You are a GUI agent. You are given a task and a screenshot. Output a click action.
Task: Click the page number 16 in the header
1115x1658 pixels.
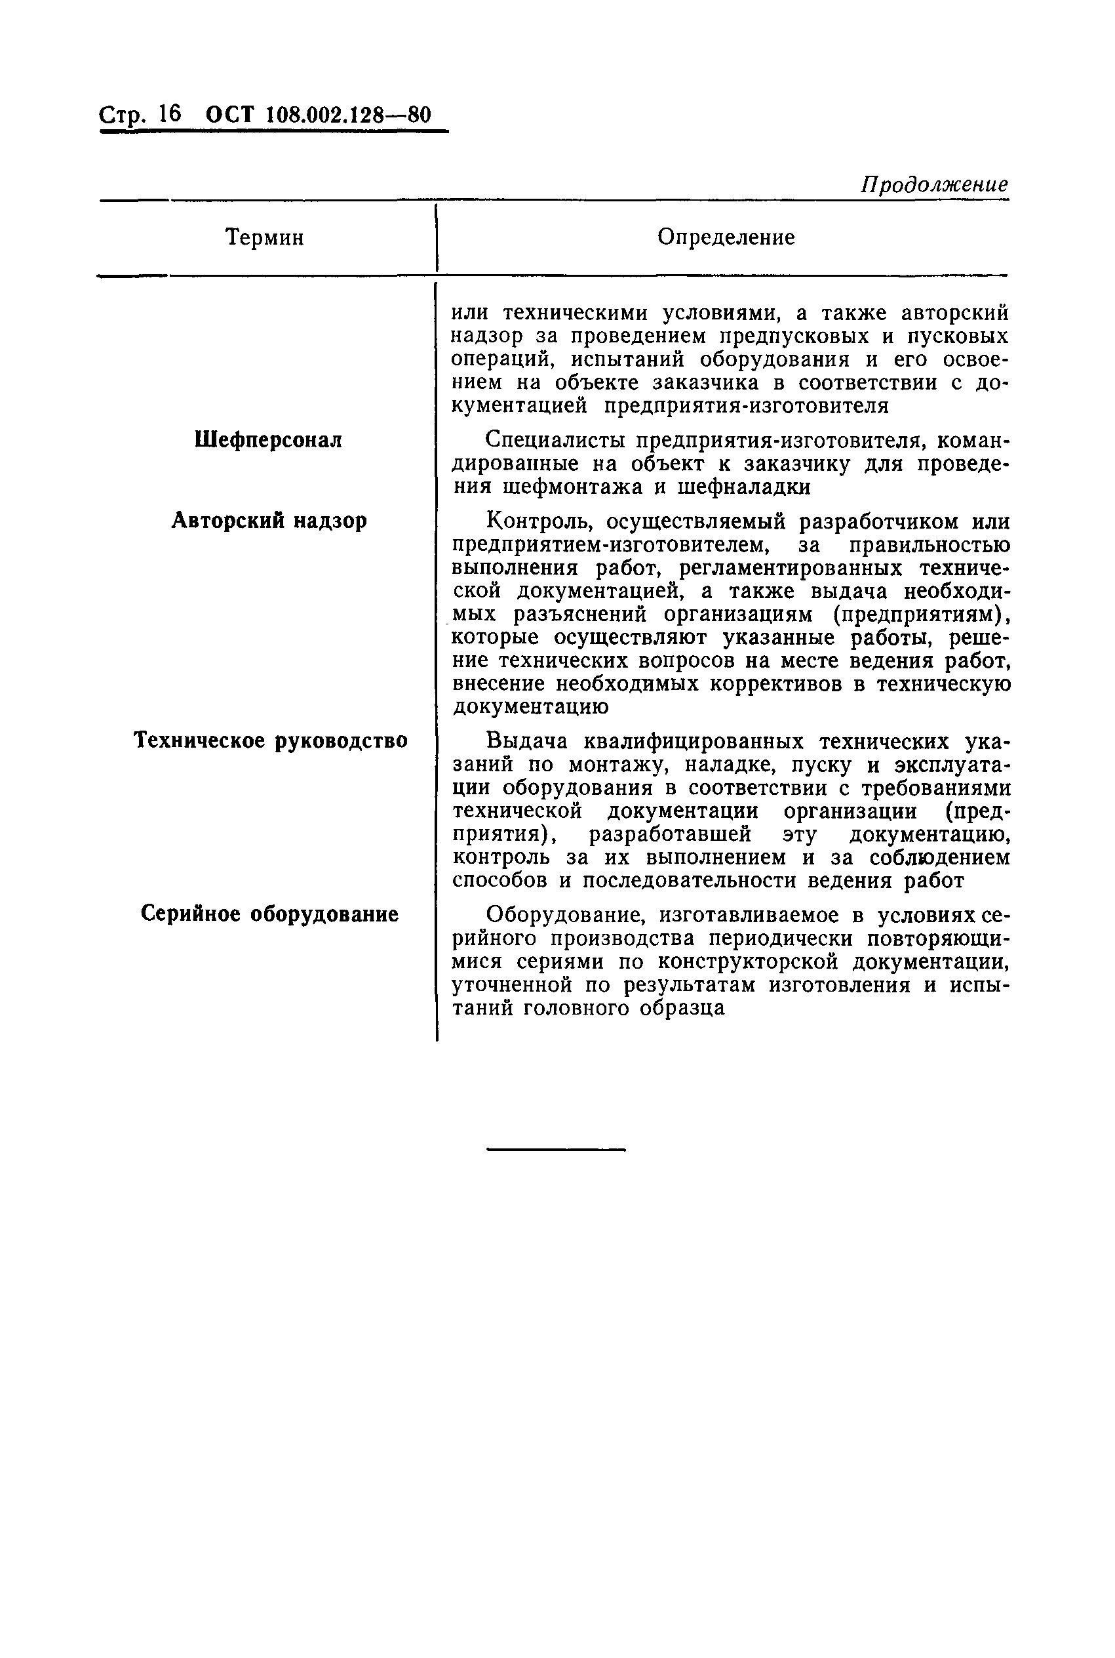[x=170, y=115]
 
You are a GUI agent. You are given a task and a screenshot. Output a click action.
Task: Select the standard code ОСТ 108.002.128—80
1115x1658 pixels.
[x=318, y=115]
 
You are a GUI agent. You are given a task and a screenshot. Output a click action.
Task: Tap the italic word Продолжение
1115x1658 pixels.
[x=933, y=185]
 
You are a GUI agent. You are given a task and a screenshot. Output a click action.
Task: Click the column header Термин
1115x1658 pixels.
[x=265, y=237]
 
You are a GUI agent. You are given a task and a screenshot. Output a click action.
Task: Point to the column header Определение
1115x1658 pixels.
[x=726, y=237]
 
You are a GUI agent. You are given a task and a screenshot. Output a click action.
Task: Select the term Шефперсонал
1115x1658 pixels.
[x=268, y=440]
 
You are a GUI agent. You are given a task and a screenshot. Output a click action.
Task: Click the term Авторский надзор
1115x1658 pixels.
[x=269, y=521]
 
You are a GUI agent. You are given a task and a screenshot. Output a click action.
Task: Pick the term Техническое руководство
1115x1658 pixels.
[x=271, y=741]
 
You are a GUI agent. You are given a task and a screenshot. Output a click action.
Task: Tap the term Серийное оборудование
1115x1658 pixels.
[x=269, y=914]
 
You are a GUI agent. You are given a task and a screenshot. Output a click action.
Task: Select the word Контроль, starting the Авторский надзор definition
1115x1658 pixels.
[x=540, y=522]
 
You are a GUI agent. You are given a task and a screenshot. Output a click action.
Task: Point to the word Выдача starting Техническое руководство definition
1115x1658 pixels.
[x=528, y=742]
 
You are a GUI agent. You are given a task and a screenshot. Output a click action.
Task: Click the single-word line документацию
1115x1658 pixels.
[x=530, y=707]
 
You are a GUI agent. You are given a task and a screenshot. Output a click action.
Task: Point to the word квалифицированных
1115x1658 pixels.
[x=694, y=742]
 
